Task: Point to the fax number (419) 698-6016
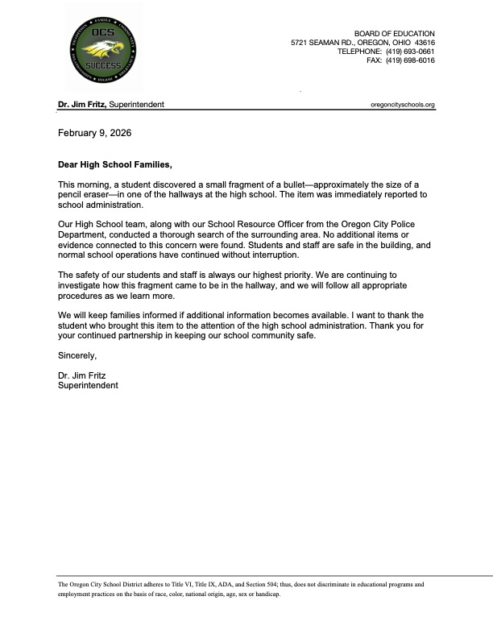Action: pos(410,60)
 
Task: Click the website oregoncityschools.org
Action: pos(402,105)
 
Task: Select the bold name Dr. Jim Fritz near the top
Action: pos(81,105)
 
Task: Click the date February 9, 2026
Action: pos(94,132)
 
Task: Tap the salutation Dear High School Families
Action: pos(115,164)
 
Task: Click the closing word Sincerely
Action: pos(77,354)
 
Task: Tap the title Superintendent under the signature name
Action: pos(88,385)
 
